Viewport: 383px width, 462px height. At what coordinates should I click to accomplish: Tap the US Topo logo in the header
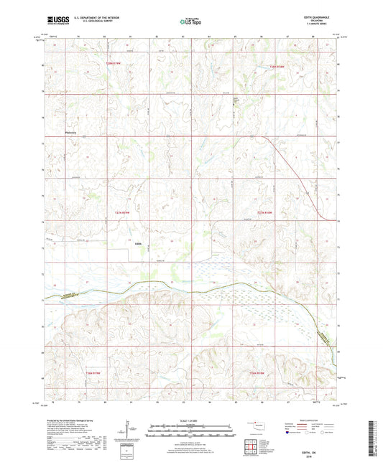pos(190,22)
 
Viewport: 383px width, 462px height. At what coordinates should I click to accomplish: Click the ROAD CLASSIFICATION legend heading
pos(313,420)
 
